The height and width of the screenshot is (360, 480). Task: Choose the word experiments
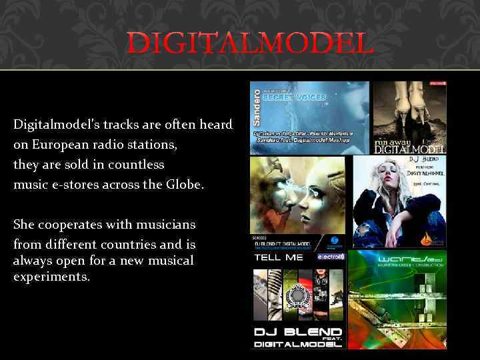point(51,276)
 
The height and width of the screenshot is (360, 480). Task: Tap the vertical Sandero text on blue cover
point(257,107)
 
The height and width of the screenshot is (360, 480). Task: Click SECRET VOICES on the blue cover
point(294,97)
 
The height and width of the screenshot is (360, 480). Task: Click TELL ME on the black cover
point(278,257)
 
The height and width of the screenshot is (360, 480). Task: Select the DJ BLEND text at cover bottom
point(297,332)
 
